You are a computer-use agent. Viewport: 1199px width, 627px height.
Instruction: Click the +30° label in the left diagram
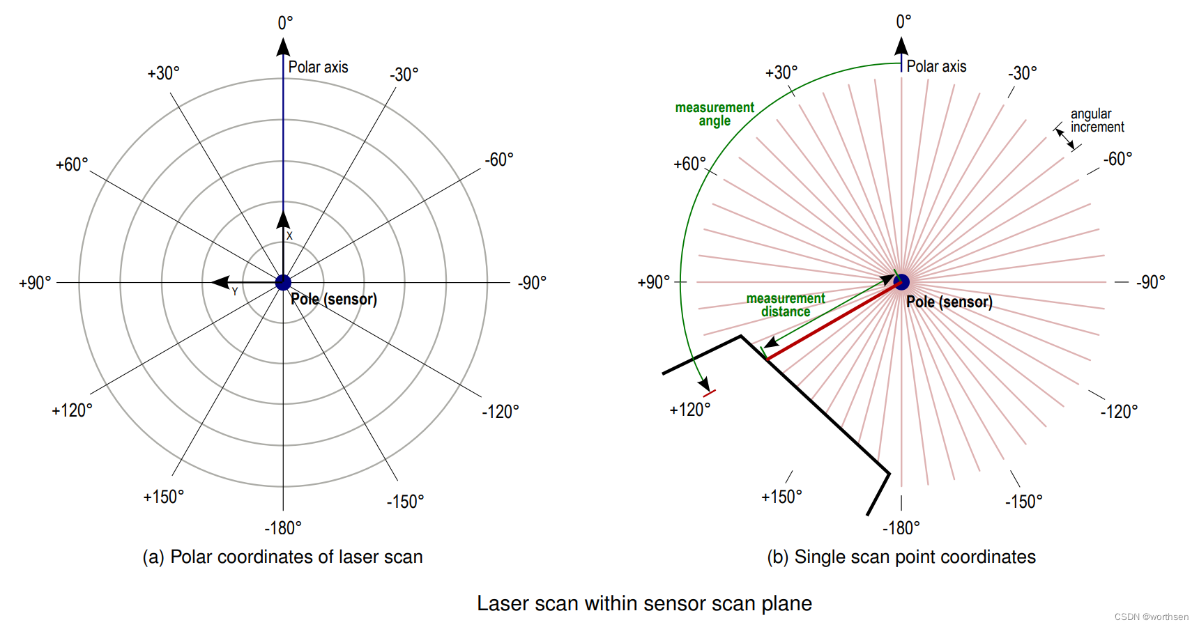[163, 73]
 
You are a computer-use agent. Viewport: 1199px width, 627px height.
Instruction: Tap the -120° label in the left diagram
[501, 411]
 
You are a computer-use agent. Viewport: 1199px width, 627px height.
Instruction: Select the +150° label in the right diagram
[781, 497]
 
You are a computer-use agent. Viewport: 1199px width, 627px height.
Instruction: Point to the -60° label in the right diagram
[1117, 159]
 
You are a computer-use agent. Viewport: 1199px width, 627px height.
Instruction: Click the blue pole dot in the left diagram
[283, 282]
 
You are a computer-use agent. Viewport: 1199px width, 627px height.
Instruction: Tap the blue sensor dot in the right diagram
[902, 282]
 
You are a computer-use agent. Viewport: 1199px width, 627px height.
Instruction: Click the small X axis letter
[289, 236]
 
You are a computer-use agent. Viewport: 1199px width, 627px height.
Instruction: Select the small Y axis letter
[235, 292]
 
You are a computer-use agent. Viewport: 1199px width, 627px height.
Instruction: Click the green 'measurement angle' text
[715, 114]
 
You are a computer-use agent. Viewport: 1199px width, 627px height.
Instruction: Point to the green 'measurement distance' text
[786, 305]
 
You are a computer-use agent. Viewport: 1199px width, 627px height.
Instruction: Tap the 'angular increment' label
[1097, 121]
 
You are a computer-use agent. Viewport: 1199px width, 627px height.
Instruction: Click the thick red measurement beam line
[833, 321]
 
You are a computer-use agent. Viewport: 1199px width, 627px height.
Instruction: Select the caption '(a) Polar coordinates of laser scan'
[282, 557]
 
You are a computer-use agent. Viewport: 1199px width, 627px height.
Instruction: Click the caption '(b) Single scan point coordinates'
[901, 557]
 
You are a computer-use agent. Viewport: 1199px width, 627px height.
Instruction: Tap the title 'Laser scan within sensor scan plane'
[644, 603]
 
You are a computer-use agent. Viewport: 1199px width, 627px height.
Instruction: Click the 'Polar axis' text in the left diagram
[318, 67]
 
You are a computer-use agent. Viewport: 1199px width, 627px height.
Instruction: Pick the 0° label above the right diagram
[903, 22]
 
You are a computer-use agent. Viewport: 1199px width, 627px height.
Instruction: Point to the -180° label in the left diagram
[283, 528]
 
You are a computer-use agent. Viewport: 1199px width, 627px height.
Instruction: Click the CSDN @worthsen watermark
[1151, 617]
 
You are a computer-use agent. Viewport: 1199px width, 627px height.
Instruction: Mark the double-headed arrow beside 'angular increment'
[1065, 139]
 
